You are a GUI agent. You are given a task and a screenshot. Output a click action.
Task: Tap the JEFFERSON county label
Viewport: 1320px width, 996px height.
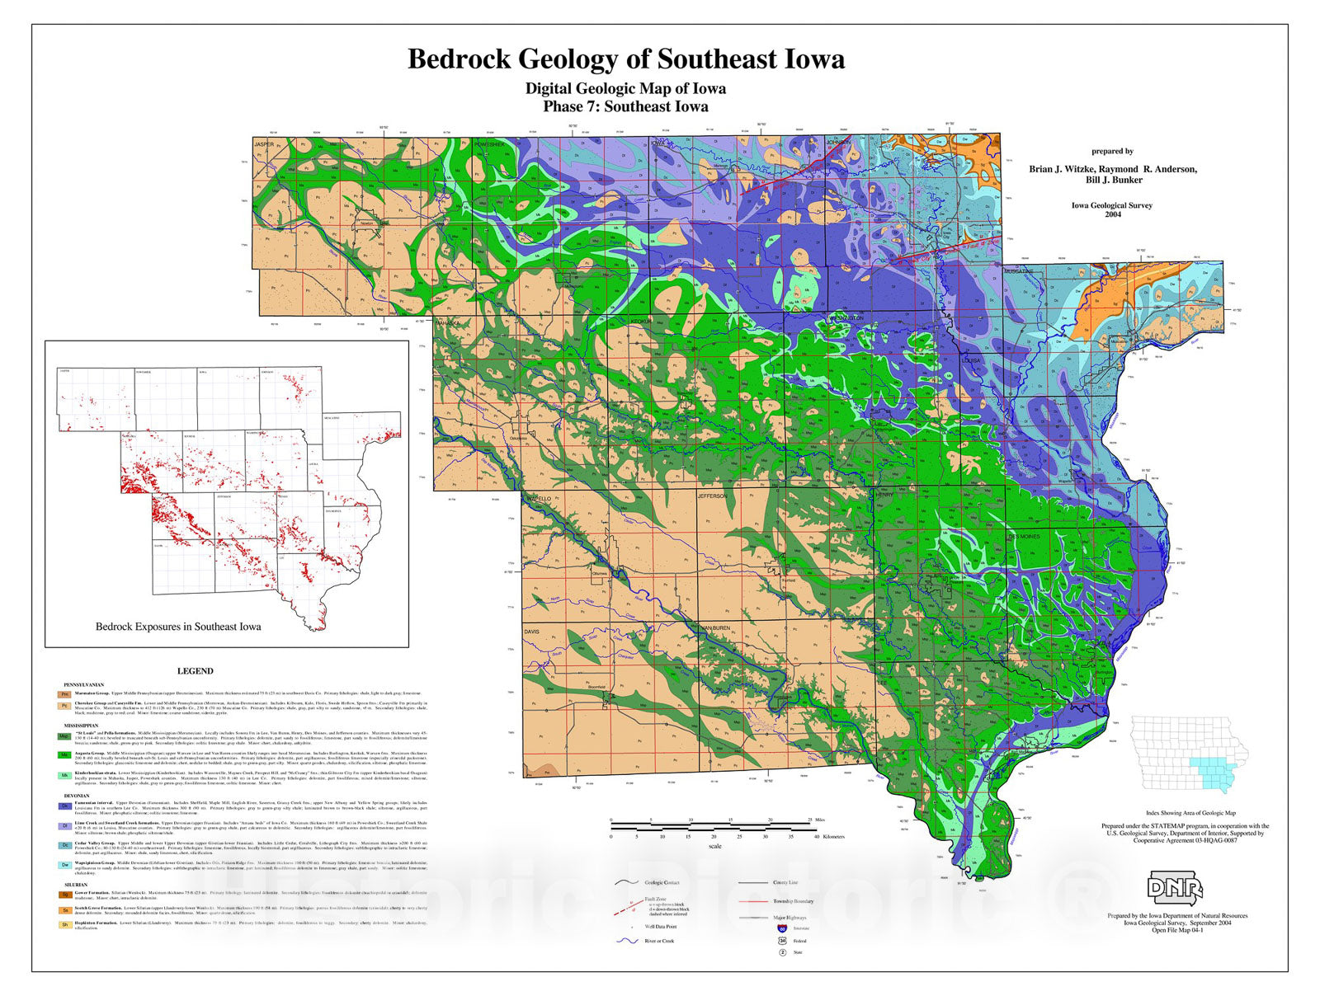pyautogui.click(x=713, y=496)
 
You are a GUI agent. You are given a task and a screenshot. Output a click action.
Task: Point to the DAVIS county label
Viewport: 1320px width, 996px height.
pyautogui.click(x=532, y=632)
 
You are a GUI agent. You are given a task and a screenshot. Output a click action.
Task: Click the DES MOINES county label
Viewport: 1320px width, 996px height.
pyautogui.click(x=1024, y=537)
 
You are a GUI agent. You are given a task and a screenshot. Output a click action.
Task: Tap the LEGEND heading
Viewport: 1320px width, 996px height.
pyautogui.click(x=196, y=671)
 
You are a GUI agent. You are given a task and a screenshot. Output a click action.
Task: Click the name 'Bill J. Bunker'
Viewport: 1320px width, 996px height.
pyautogui.click(x=1114, y=180)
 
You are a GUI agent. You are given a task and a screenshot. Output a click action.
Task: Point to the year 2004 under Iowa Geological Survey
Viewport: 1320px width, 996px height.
pyautogui.click(x=1112, y=214)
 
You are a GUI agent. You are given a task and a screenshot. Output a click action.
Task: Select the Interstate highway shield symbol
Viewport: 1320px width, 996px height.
pyautogui.click(x=781, y=928)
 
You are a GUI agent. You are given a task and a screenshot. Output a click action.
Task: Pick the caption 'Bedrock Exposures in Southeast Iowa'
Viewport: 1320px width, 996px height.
pyautogui.click(x=178, y=627)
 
